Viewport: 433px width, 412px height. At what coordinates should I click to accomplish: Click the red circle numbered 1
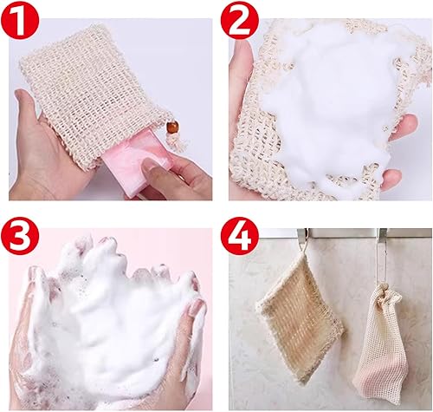pyautogui.click(x=19, y=20)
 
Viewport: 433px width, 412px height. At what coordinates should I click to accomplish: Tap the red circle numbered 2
pyautogui.click(x=240, y=20)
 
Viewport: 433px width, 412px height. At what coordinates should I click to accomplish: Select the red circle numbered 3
pyautogui.click(x=19, y=236)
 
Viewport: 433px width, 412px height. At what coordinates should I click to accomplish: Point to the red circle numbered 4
pyautogui.click(x=240, y=236)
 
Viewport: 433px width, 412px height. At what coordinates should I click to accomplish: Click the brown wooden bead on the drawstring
pyautogui.click(x=171, y=128)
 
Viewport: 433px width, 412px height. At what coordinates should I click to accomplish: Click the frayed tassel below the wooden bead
pyautogui.click(x=175, y=143)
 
